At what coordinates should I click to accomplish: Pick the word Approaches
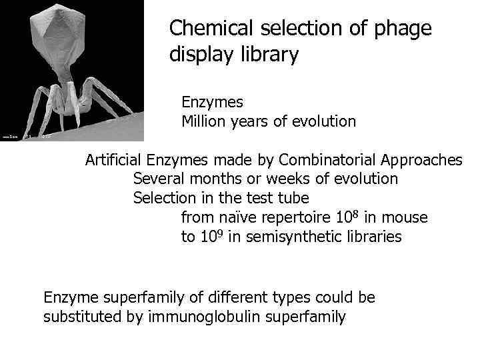(422, 160)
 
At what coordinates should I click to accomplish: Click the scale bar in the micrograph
(11, 137)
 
